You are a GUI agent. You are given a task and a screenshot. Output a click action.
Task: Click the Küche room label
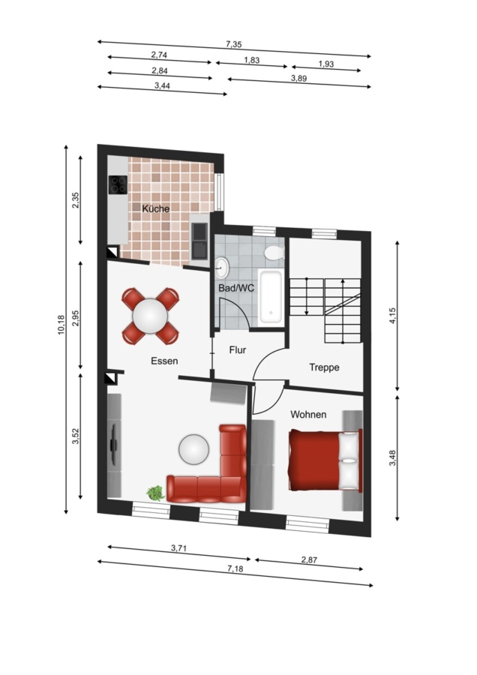(156, 208)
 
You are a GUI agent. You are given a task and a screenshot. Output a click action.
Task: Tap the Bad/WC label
(236, 288)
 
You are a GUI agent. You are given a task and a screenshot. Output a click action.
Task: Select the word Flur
(238, 350)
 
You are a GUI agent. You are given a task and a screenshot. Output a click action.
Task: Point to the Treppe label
(324, 367)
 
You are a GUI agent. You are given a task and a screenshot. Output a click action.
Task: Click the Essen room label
(164, 361)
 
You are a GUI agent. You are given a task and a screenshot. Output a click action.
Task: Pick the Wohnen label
(308, 415)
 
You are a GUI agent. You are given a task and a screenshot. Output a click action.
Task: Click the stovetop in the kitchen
(118, 185)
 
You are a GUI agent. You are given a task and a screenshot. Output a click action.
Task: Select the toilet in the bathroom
(274, 253)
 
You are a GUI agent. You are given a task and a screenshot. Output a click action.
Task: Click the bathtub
(271, 297)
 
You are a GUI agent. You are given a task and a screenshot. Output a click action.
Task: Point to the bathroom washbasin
(222, 267)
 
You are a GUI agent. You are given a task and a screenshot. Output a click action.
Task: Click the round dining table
(150, 316)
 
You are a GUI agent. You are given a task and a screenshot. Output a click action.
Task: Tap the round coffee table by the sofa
(194, 449)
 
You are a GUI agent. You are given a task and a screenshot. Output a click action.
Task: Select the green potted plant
(155, 493)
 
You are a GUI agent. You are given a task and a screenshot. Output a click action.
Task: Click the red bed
(325, 460)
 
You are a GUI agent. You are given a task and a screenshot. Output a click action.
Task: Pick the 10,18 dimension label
(61, 325)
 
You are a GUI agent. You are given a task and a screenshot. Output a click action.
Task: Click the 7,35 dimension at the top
(234, 44)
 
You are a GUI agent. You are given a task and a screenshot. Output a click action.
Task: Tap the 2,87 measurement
(309, 560)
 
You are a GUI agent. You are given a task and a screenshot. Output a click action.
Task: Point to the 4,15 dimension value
(392, 316)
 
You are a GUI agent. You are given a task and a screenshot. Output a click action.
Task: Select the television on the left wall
(114, 444)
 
